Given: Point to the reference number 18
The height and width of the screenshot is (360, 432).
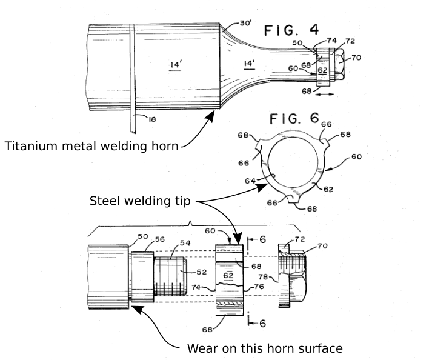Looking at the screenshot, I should click(151, 120).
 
